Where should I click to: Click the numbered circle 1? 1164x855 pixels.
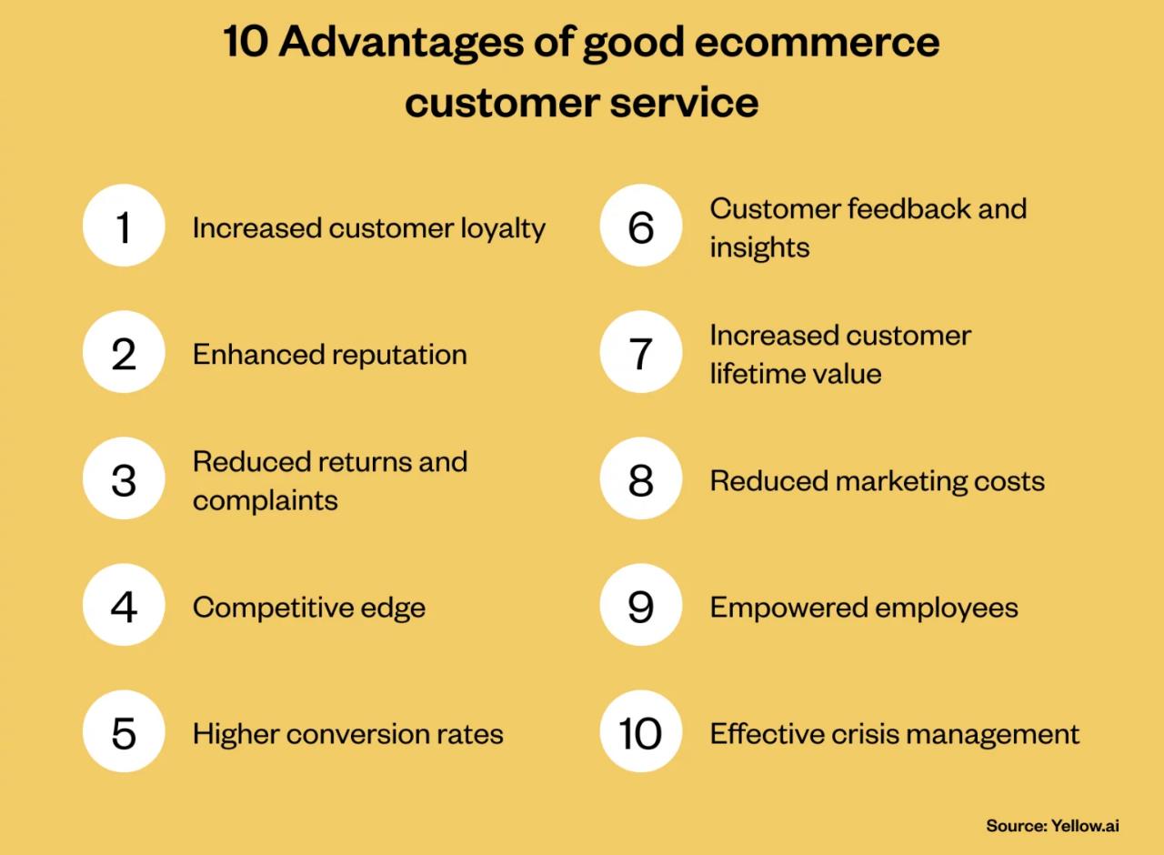click(x=124, y=226)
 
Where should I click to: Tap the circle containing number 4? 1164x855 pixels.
click(x=124, y=606)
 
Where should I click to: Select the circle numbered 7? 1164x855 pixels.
click(x=641, y=353)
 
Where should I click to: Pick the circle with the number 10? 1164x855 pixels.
click(x=641, y=732)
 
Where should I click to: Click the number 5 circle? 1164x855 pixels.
click(x=124, y=732)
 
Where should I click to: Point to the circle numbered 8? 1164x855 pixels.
click(x=641, y=479)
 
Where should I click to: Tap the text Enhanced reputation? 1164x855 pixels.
click(x=329, y=354)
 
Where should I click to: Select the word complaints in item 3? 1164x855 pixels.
click(x=265, y=500)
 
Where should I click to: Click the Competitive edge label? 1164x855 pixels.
click(x=308, y=607)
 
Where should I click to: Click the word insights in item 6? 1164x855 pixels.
click(x=759, y=247)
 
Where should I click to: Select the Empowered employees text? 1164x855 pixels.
click(x=863, y=607)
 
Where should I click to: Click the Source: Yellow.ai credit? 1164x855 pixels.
click(x=1052, y=825)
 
